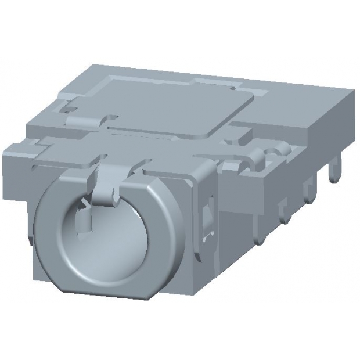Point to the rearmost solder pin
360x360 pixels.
(333, 171)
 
